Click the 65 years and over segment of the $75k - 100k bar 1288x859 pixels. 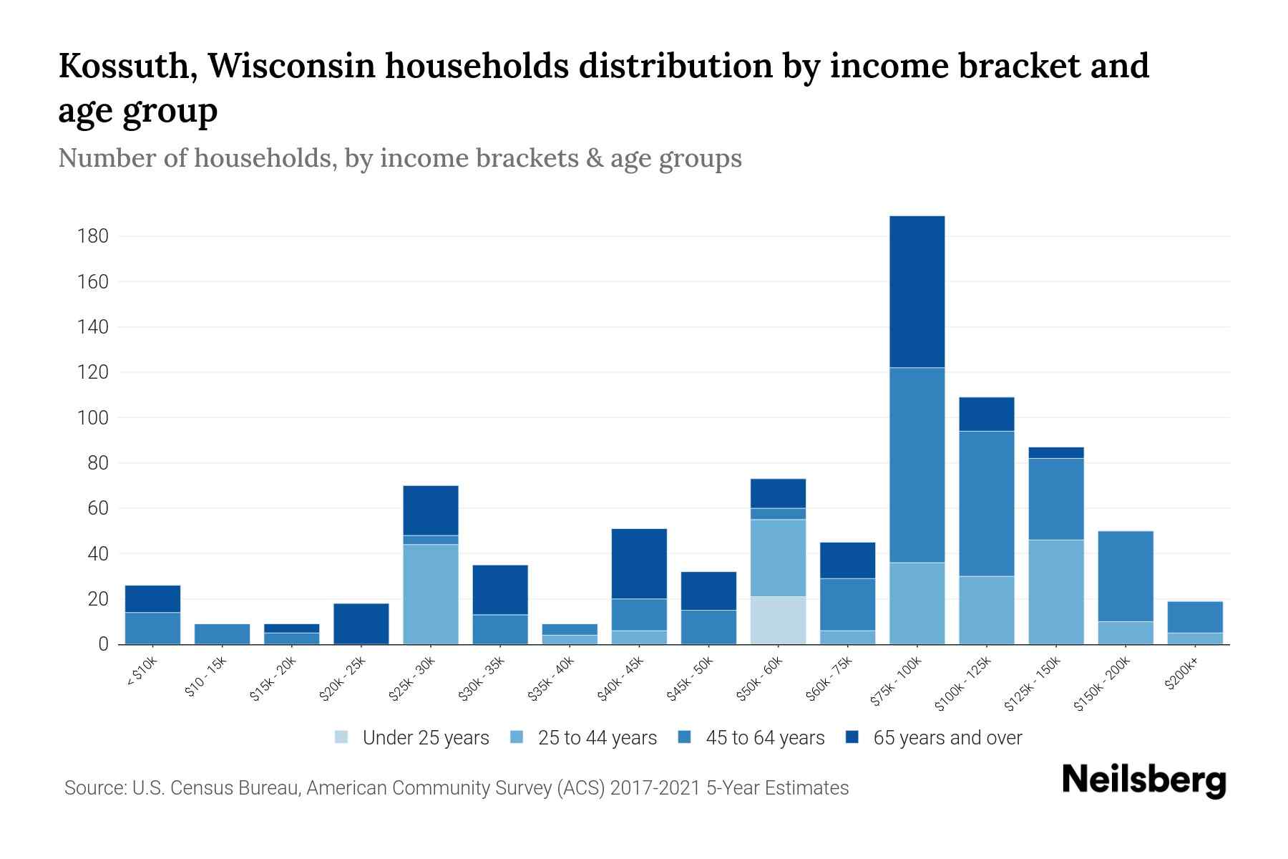[x=917, y=291]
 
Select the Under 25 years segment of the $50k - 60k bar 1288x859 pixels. [x=778, y=620]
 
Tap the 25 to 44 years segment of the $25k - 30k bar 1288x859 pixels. [x=430, y=594]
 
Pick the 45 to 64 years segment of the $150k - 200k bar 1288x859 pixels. [x=1125, y=576]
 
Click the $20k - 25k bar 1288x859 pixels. [x=361, y=623]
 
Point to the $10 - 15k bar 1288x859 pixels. [x=222, y=634]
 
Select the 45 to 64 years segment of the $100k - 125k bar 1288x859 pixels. [x=986, y=503]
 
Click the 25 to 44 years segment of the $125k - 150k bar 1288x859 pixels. [x=1055, y=592]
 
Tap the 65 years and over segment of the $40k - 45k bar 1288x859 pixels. [x=639, y=563]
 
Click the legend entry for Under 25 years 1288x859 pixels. [x=411, y=738]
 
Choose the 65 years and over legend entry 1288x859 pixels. [x=934, y=738]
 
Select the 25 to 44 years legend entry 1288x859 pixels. [x=582, y=738]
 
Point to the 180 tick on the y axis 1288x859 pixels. [x=93, y=236]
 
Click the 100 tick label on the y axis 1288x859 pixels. [x=93, y=417]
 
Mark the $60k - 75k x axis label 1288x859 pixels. [x=830, y=679]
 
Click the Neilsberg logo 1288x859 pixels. [x=1143, y=780]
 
